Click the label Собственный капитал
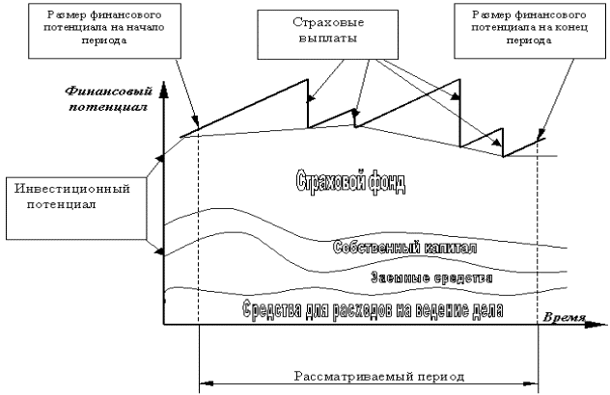[404, 248]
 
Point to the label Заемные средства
[432, 277]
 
